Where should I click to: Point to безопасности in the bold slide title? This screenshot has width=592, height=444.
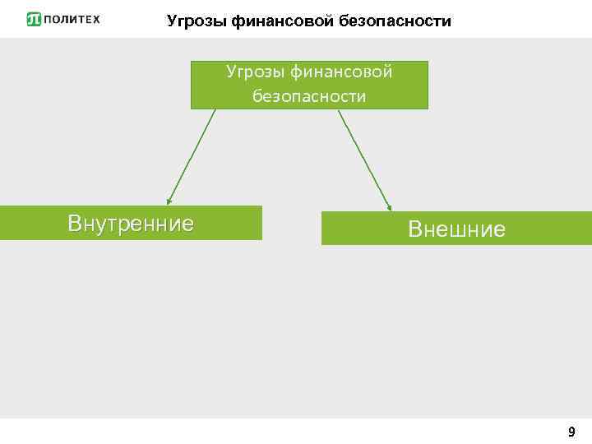[x=390, y=21]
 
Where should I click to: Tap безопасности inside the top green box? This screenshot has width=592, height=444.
[x=309, y=97]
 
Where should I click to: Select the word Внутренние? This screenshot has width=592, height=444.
[x=131, y=224]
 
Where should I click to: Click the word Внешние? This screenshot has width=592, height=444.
[x=456, y=229]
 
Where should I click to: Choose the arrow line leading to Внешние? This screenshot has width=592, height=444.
[x=365, y=159]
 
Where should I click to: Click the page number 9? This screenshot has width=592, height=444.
[x=571, y=432]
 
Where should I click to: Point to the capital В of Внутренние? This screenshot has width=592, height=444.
[x=75, y=224]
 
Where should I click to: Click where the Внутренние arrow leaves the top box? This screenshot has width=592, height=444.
[x=215, y=110]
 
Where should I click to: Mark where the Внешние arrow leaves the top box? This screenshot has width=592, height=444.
[x=340, y=110]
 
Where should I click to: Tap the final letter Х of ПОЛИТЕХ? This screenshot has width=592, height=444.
[x=95, y=20]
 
